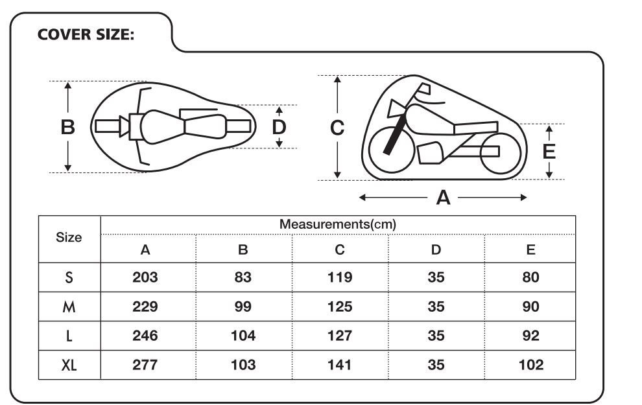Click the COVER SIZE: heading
(x=86, y=34)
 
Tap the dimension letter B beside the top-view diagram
(x=68, y=127)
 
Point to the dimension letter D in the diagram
(x=279, y=127)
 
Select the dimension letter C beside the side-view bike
(x=337, y=128)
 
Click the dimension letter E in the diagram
(x=549, y=152)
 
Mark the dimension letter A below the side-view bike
(x=444, y=198)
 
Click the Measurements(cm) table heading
(x=338, y=224)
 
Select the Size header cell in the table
(x=69, y=237)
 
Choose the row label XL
(x=69, y=365)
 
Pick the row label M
(x=69, y=307)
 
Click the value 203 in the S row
(x=145, y=277)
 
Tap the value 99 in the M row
(x=243, y=307)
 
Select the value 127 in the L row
(x=340, y=336)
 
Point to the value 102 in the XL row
(x=531, y=365)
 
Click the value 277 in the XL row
(x=145, y=365)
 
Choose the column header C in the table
(x=340, y=249)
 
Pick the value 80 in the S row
(x=530, y=277)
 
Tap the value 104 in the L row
(x=243, y=336)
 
